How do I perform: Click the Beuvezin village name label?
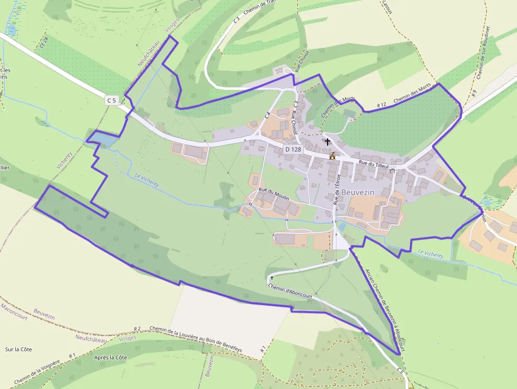point(358,192)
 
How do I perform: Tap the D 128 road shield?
point(293,149)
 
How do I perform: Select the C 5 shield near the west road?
point(111,100)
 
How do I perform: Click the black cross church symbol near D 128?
point(328,142)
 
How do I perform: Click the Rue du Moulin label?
point(274,193)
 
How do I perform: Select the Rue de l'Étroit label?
point(337,188)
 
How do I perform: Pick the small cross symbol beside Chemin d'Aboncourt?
point(272,278)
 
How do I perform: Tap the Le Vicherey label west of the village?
point(147,181)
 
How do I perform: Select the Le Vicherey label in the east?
point(430,254)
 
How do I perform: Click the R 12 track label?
point(382,106)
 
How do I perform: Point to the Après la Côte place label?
point(110,357)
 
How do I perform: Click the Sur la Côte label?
point(18,349)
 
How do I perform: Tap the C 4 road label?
point(267,115)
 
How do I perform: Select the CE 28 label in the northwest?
point(44,42)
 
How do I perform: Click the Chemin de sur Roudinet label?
point(483,53)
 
